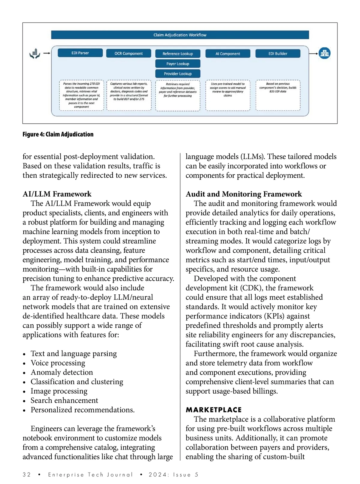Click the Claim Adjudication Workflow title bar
[180, 35]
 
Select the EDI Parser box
[80, 53]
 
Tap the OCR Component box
[129, 53]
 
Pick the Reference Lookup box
[178, 54]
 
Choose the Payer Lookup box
[178, 64]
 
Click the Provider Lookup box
[178, 74]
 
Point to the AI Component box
[228, 54]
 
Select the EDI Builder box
[278, 54]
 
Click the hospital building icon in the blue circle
[324, 53]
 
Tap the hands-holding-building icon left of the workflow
[35, 54]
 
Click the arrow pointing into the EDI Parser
[47, 53]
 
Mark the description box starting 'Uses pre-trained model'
[228, 95]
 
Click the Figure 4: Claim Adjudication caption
[58, 134]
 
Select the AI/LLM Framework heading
[57, 194]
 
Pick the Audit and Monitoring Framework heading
[244, 194]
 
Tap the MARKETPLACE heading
[214, 410]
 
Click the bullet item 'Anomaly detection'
[62, 372]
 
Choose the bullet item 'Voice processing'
[58, 363]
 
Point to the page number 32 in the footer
[27, 475]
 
